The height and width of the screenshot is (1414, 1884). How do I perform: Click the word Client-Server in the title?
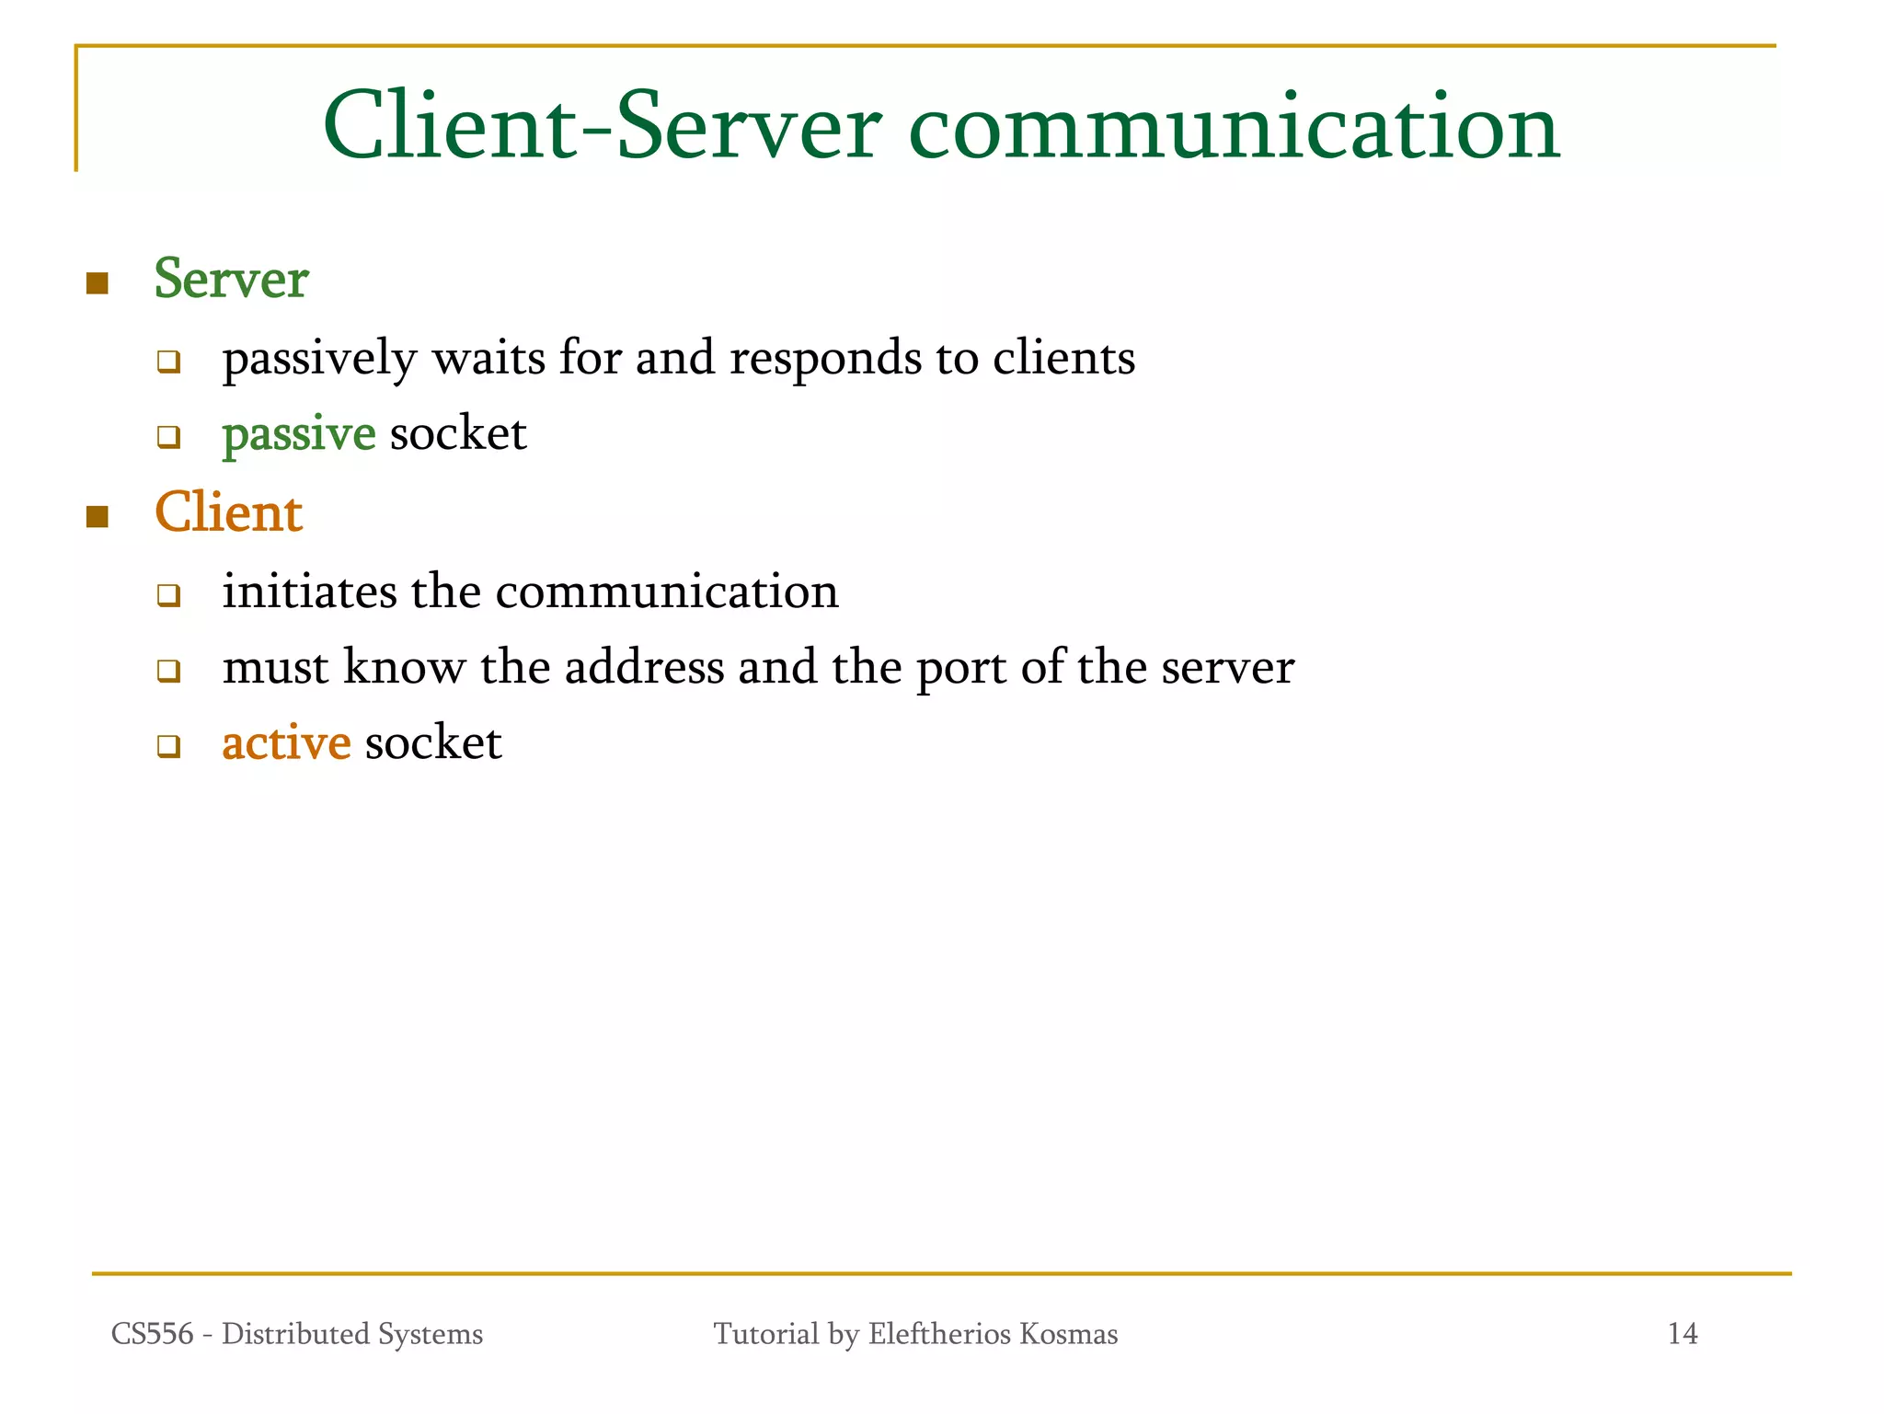click(x=602, y=126)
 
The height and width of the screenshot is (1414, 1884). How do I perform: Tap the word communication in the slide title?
click(x=1234, y=126)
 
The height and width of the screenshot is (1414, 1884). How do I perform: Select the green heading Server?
click(x=231, y=279)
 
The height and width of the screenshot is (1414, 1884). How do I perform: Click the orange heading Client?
click(x=228, y=512)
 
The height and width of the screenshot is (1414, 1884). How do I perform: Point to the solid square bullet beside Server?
click(x=97, y=282)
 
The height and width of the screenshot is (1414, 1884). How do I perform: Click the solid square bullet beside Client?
click(x=97, y=516)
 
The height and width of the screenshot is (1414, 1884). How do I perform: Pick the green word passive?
click(x=299, y=434)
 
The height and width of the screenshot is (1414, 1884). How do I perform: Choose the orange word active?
click(x=286, y=743)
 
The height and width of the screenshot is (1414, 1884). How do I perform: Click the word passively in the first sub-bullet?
click(x=319, y=359)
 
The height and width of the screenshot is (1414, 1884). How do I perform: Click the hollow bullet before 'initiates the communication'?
click(x=168, y=595)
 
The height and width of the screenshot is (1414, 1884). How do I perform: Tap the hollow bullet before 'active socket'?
click(x=168, y=746)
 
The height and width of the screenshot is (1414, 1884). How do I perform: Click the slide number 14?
click(x=1683, y=1334)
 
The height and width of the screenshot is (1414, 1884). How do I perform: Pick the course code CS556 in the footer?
click(x=152, y=1334)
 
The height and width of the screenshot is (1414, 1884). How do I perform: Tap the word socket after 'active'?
click(x=433, y=743)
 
